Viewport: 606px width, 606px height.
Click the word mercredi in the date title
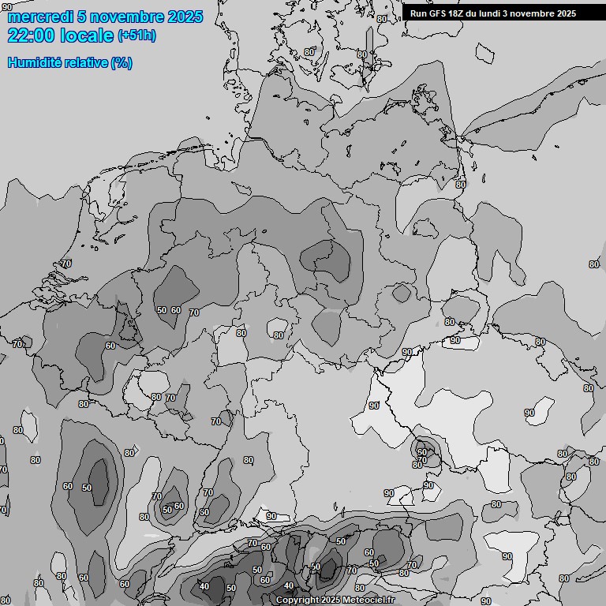(x=39, y=17)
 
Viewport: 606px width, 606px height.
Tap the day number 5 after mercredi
(x=82, y=17)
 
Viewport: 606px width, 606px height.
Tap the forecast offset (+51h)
(x=137, y=36)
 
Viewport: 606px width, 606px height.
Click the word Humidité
(x=33, y=62)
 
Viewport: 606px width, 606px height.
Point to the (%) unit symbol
(x=122, y=62)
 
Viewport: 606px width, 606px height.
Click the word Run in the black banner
(x=418, y=13)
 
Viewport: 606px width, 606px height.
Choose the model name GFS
(x=438, y=13)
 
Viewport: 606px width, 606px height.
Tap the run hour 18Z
(x=458, y=13)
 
